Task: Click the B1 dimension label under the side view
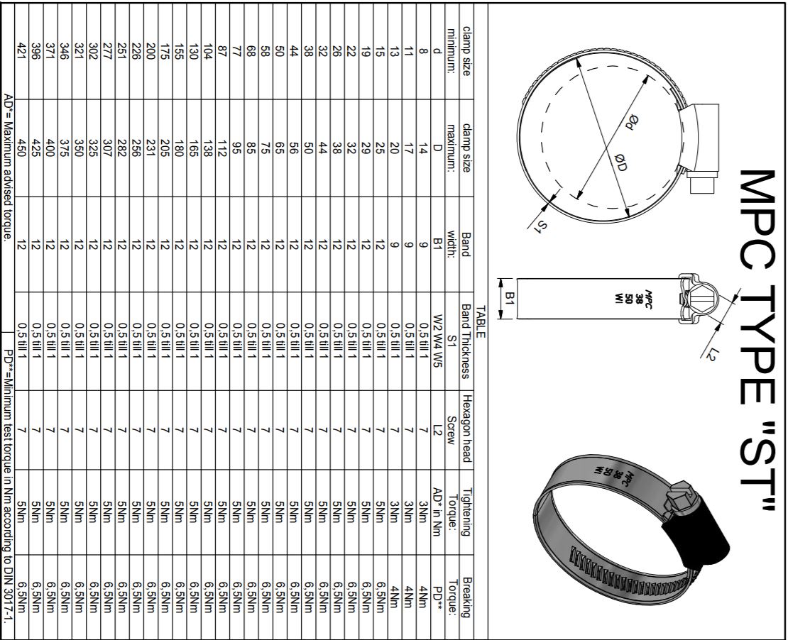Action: pyautogui.click(x=510, y=299)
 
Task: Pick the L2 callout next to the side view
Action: pyautogui.click(x=709, y=352)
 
